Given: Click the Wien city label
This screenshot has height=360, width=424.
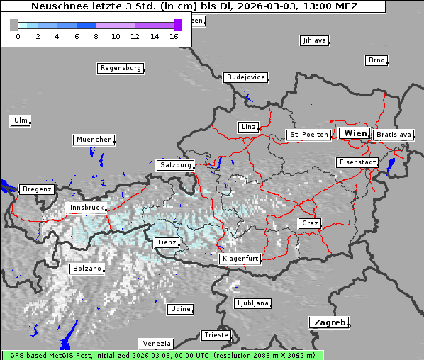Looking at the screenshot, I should pyautogui.click(x=355, y=133).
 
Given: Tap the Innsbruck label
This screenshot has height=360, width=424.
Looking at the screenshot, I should pyautogui.click(x=86, y=208).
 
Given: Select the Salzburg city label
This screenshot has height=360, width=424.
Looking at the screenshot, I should pyautogui.click(x=175, y=164).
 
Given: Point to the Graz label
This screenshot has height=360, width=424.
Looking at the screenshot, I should pyautogui.click(x=309, y=223).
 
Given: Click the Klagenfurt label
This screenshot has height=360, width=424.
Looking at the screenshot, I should pyautogui.click(x=240, y=259).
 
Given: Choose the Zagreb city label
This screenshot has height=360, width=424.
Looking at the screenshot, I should pyautogui.click(x=328, y=322).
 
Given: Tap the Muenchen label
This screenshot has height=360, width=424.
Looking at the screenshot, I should pyautogui.click(x=94, y=140).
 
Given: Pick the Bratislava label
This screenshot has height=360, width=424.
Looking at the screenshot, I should pyautogui.click(x=394, y=134).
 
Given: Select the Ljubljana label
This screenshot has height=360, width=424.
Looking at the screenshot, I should pyautogui.click(x=252, y=303).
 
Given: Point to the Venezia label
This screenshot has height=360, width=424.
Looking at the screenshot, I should pyautogui.click(x=155, y=343).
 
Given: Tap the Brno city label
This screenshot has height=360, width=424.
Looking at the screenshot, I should pyautogui.click(x=376, y=60).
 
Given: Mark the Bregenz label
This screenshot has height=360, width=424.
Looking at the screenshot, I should pyautogui.click(x=37, y=189).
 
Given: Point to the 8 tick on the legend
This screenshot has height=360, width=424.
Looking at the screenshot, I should pyautogui.click(x=96, y=37).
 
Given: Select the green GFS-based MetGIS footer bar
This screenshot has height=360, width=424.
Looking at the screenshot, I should pyautogui.click(x=162, y=355).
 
